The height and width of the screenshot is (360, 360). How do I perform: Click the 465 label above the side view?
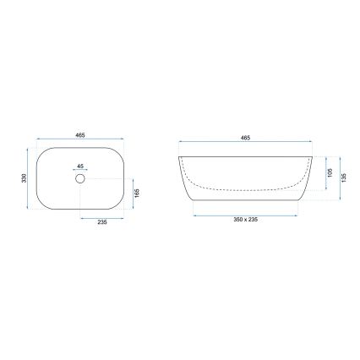pyautogui.click(x=246, y=135)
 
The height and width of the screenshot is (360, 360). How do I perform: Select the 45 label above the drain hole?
pyautogui.click(x=80, y=167)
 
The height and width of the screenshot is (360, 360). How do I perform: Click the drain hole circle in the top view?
pyautogui.click(x=80, y=179)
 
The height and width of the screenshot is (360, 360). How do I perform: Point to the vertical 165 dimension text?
pyautogui.click(x=137, y=193)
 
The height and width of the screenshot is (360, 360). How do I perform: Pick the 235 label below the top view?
pyautogui.click(x=103, y=224)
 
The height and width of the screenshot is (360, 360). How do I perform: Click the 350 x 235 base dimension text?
pyautogui.click(x=246, y=221)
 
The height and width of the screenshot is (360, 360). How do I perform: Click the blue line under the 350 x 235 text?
pyautogui.click(x=246, y=215)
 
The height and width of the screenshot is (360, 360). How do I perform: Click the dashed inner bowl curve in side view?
pyautogui.click(x=245, y=188)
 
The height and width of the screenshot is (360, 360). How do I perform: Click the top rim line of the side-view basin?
pyautogui.click(x=246, y=155)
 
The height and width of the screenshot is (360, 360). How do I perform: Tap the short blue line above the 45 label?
pyautogui.click(x=80, y=172)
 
